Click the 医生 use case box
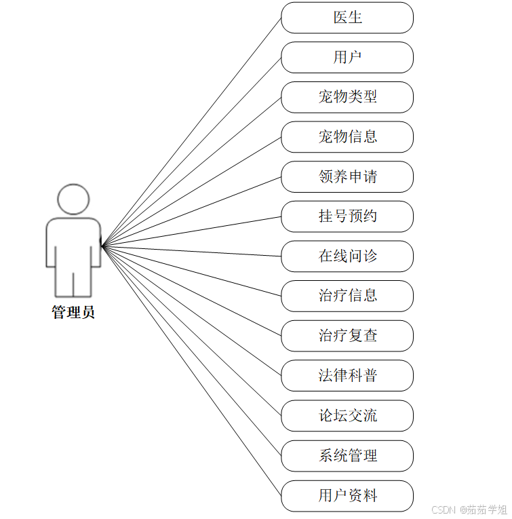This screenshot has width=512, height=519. [347, 18]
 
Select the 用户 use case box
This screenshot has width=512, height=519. [347, 58]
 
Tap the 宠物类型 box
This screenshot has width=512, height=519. [347, 97]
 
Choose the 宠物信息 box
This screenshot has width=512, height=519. [347, 137]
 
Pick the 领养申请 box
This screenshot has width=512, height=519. [347, 177]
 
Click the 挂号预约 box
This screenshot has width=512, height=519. [347, 216]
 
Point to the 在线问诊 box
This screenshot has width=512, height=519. [347, 256]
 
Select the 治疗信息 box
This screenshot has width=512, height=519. [347, 296]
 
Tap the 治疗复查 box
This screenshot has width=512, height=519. [347, 336]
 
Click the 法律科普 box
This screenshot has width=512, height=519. [347, 376]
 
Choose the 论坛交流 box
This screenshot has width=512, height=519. [347, 416]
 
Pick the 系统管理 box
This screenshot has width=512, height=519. [347, 456]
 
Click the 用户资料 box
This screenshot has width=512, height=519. [347, 496]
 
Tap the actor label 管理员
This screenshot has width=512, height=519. [73, 313]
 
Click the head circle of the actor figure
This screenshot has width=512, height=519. [73, 199]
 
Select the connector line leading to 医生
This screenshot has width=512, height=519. [191, 132]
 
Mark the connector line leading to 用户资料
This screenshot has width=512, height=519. [191, 371]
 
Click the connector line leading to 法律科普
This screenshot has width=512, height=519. [191, 311]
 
